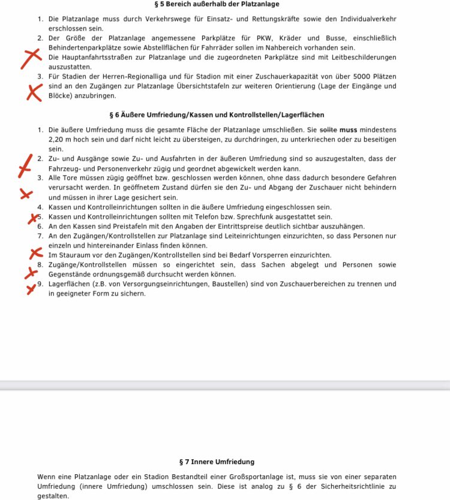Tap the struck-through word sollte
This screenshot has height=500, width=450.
(x=329, y=129)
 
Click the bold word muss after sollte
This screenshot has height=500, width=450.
(x=349, y=129)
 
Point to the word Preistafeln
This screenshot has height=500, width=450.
(x=134, y=226)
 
